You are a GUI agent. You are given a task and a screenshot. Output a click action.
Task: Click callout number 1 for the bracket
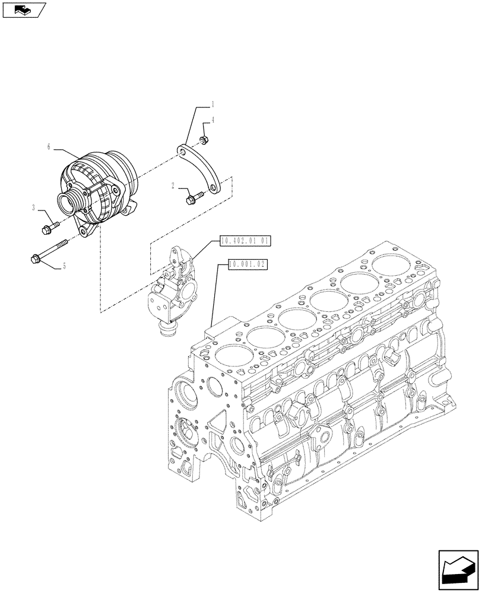coord(213,104)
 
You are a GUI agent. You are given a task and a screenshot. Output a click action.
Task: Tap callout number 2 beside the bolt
coord(173,186)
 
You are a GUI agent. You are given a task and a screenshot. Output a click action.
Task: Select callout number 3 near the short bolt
coord(34,208)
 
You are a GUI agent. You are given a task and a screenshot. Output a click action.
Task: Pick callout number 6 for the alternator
coord(49,145)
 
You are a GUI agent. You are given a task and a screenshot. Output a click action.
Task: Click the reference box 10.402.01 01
coord(245,241)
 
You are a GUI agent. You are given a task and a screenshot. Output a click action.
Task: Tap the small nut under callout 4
coord(203,140)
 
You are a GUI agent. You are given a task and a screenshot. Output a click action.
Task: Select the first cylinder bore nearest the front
coord(229,356)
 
